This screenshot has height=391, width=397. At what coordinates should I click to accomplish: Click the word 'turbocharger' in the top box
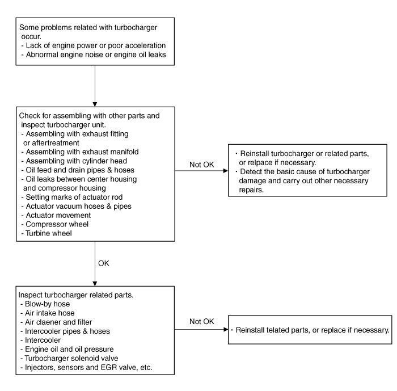(136, 28)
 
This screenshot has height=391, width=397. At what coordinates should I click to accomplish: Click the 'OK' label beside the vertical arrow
(104, 263)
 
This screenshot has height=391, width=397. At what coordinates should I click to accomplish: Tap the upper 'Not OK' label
(202, 165)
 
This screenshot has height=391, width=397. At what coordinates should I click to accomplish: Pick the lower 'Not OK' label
(202, 322)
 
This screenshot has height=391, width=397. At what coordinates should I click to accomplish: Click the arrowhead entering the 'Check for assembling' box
(95, 104)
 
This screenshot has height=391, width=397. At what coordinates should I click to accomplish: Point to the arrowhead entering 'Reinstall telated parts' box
(226, 329)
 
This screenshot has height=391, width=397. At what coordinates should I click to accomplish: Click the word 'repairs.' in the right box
(251, 190)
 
